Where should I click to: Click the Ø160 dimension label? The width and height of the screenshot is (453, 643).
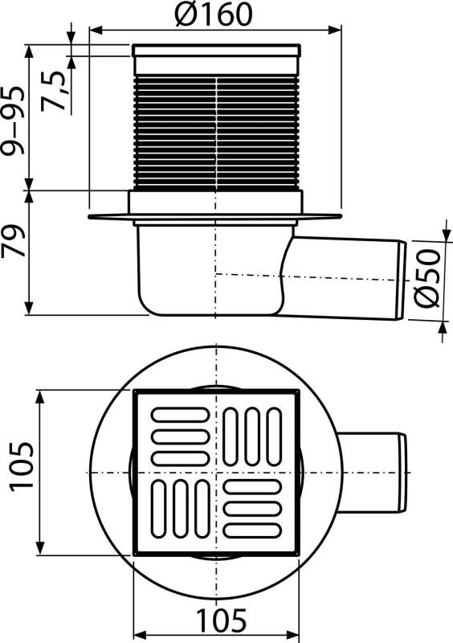point(213,14)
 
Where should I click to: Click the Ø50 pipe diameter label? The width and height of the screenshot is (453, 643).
point(428,276)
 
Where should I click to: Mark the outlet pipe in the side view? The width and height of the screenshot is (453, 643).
point(345,277)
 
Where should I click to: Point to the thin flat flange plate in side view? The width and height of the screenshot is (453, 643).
point(108,218)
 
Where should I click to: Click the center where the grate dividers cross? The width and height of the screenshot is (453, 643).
point(215,473)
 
